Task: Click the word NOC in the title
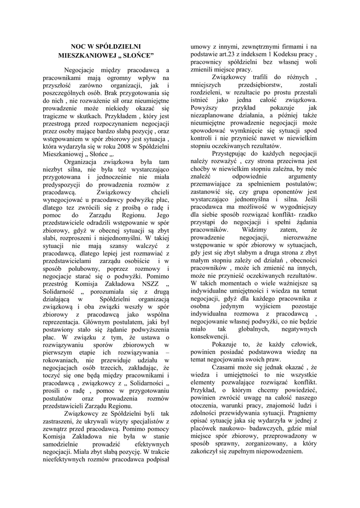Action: pos(78,45)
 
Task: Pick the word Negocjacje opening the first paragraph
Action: pos(83,70)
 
